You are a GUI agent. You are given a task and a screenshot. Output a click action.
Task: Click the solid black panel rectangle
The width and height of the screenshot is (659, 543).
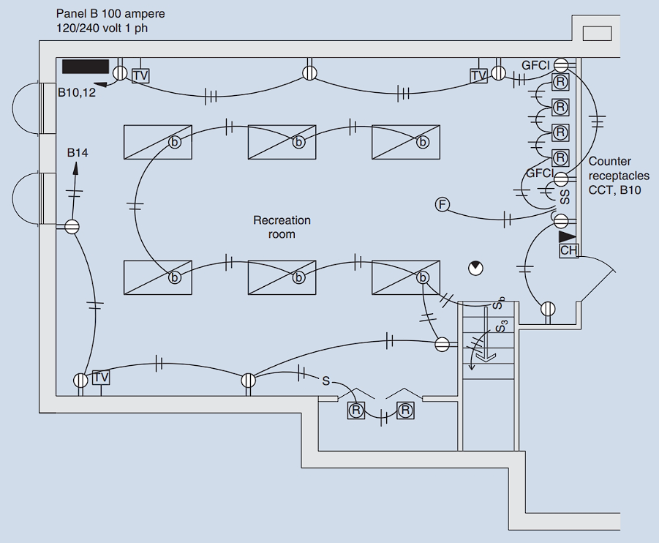pyautogui.click(x=86, y=67)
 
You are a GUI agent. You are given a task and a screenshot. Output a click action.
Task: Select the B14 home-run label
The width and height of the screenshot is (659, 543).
pyautogui.click(x=78, y=153)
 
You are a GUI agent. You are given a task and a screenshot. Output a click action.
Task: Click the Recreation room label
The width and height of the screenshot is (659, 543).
pyautogui.click(x=282, y=227)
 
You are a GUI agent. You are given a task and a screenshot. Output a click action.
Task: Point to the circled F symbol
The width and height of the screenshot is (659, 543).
pyautogui.click(x=442, y=204)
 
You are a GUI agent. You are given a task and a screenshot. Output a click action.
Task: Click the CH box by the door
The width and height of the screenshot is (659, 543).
pyautogui.click(x=568, y=250)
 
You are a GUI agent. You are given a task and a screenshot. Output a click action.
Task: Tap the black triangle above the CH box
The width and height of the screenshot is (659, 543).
pyautogui.click(x=567, y=236)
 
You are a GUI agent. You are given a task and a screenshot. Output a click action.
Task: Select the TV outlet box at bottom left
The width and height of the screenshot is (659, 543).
pyautogui.click(x=101, y=378)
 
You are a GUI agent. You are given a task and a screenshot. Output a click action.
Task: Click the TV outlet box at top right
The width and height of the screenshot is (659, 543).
pyautogui.click(x=478, y=75)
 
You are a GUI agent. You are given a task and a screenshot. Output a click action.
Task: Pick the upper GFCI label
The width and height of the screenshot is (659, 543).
pyautogui.click(x=535, y=65)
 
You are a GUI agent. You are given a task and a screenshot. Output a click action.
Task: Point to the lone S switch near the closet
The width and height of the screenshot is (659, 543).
pyautogui.click(x=326, y=380)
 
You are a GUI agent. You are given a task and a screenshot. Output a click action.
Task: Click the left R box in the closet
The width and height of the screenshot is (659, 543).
pyautogui.click(x=356, y=411)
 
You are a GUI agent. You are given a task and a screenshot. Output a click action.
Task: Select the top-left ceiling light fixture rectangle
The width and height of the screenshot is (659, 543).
pyautogui.click(x=157, y=142)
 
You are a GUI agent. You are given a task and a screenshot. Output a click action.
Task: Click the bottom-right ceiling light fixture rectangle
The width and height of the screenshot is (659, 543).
pyautogui.click(x=406, y=278)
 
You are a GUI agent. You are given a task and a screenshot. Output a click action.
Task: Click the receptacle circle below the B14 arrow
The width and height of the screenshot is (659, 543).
pyautogui.click(x=72, y=227)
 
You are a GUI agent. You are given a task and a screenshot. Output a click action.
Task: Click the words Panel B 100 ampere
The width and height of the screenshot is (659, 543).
pyautogui.click(x=110, y=14)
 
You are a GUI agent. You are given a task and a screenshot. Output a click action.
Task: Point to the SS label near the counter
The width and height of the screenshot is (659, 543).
pyautogui.click(x=564, y=196)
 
